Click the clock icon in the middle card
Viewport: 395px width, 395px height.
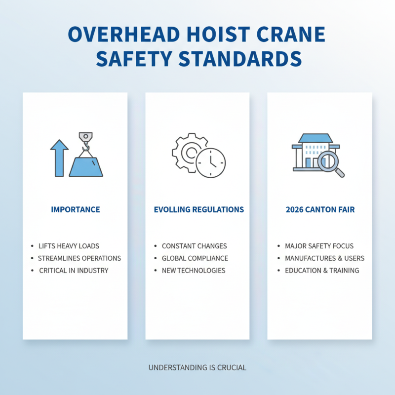click(x=211, y=162)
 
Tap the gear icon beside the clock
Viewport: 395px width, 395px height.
click(x=189, y=153)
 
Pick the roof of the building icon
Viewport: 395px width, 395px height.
click(x=316, y=138)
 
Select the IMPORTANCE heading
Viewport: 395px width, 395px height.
click(x=76, y=210)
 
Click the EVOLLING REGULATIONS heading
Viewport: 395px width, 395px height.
click(x=199, y=210)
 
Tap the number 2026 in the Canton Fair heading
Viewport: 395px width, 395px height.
click(x=295, y=210)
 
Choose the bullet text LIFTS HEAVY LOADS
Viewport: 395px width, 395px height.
click(x=69, y=246)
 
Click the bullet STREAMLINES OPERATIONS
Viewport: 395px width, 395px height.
click(x=79, y=258)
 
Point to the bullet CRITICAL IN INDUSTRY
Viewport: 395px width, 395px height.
click(x=74, y=271)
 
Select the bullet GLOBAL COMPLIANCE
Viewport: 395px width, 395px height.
click(x=195, y=258)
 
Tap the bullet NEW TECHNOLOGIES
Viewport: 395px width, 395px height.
click(x=194, y=271)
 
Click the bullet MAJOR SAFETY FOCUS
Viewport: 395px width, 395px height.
click(x=319, y=246)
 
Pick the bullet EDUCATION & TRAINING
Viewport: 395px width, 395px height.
click(x=322, y=271)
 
